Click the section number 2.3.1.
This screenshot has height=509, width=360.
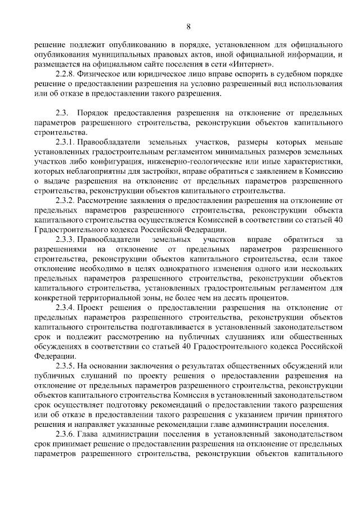click(x=65, y=141)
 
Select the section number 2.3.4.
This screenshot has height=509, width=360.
click(x=65, y=308)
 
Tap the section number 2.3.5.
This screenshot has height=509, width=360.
click(x=65, y=366)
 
